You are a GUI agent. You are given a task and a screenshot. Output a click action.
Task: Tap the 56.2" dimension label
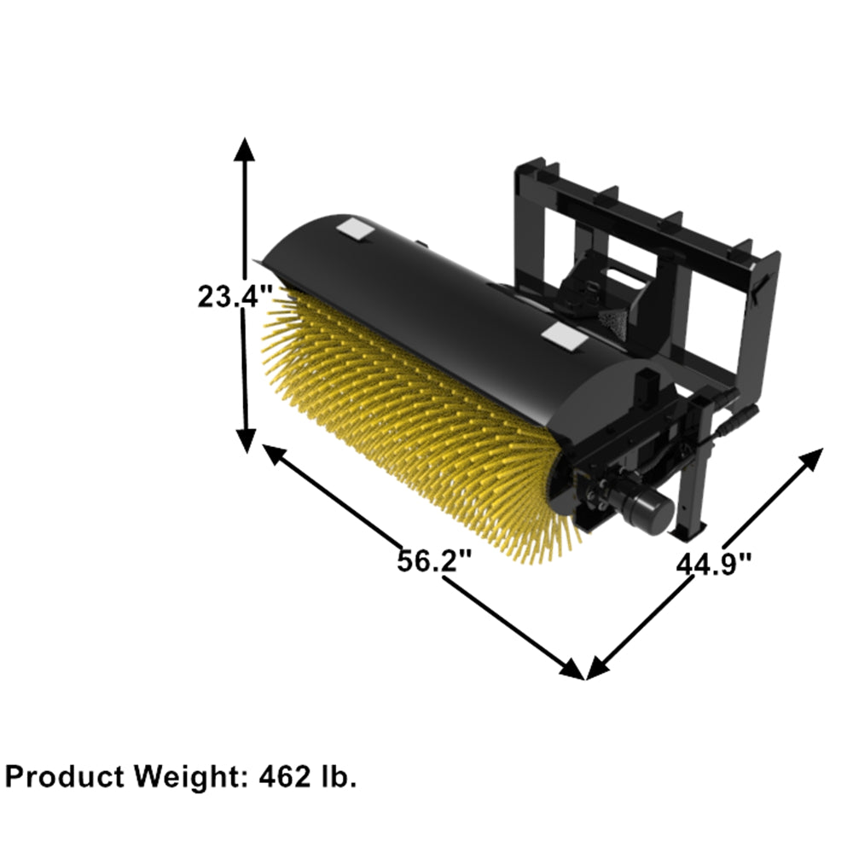pyautogui.click(x=434, y=561)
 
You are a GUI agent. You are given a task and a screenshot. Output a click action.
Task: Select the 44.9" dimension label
pyautogui.click(x=714, y=563)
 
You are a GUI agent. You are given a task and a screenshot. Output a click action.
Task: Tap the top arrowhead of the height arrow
pyautogui.click(x=245, y=149)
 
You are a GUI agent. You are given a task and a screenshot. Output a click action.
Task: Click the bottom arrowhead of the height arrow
pyautogui.click(x=246, y=439)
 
